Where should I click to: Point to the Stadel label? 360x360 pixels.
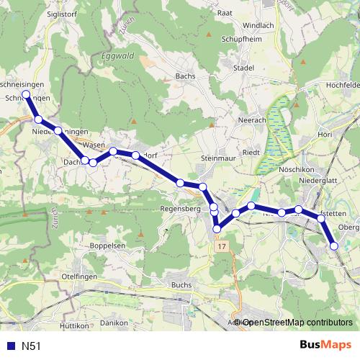coord(244,68)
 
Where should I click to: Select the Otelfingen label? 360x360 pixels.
coord(79,276)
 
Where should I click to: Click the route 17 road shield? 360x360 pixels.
coord(220,246)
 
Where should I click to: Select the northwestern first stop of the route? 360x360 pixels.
coord(27,94)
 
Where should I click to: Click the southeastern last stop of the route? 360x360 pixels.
coord(334,246)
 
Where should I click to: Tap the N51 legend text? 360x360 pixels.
coord(31,346)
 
